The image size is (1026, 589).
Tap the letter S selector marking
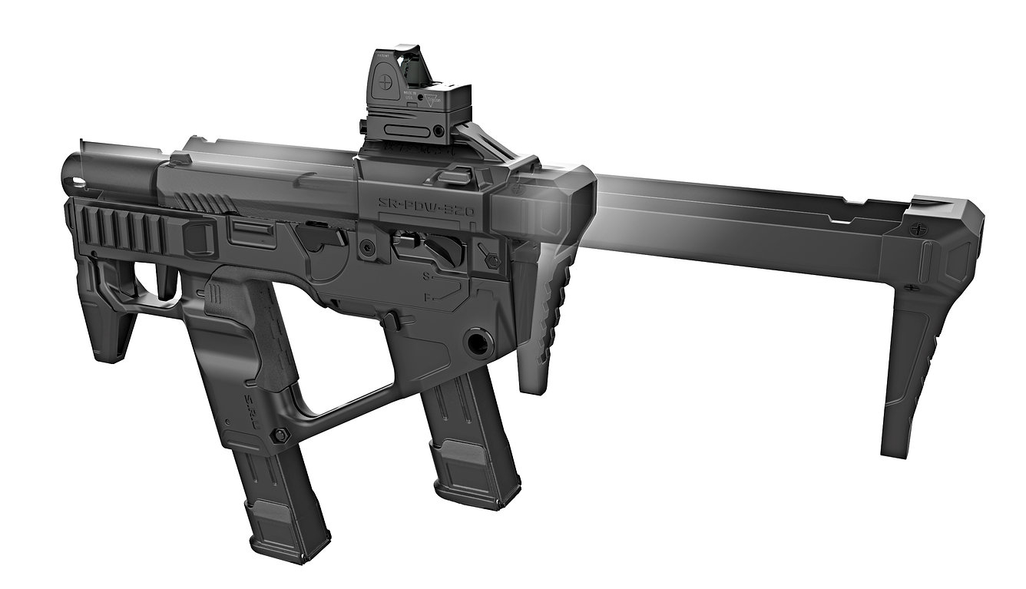tap(425, 274)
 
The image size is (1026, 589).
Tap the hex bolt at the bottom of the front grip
tap(280, 435)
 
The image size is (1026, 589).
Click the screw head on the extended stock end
tap(920, 230)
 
